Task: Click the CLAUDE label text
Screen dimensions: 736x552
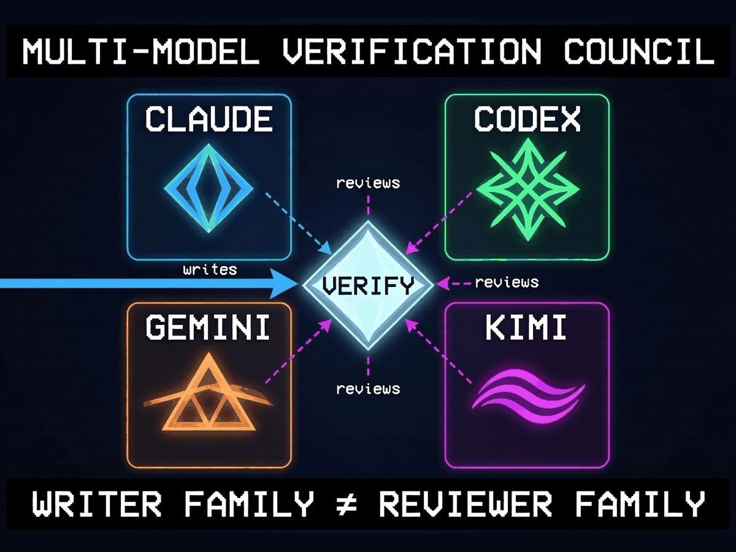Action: pos(209,119)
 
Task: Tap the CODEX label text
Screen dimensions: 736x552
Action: pos(527,119)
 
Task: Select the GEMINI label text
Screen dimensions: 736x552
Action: pos(208,328)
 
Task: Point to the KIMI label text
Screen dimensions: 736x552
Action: pos(526,328)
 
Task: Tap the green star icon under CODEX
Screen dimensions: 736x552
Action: pos(528,190)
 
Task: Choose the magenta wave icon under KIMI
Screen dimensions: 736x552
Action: pos(528,396)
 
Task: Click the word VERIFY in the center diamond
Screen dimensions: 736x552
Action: pos(368,286)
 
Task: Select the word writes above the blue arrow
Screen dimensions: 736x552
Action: pos(210,269)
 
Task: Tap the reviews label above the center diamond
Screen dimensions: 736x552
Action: pos(368,183)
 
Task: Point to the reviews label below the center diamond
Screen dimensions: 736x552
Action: pos(368,389)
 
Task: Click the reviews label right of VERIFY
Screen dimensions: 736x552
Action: pos(507,283)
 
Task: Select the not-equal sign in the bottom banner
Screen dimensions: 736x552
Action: pos(347,504)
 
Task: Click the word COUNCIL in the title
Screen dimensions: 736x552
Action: pos(639,52)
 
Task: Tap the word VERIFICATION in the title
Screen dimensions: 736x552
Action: pos(412,52)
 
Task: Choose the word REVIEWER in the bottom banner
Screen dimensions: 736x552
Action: pos(466,504)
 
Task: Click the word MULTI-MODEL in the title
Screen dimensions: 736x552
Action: pos(141,52)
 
